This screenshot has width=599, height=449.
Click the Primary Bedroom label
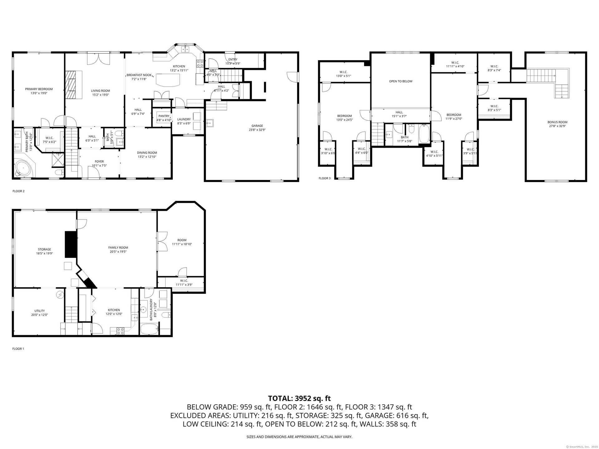[x=39, y=89]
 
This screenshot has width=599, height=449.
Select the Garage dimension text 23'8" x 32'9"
[x=257, y=130]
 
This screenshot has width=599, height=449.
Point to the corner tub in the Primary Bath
[x=23, y=169]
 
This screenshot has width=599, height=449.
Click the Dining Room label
[x=147, y=153]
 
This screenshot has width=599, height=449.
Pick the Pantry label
[x=164, y=116]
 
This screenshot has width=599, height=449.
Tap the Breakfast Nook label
[x=139, y=75]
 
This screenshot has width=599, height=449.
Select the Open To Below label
[x=401, y=81]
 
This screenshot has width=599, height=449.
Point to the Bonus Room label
[x=558, y=122]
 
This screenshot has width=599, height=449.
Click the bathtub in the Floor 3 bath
[x=424, y=133]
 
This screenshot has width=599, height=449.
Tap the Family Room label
[x=118, y=248]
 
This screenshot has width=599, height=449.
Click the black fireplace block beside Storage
[x=71, y=244]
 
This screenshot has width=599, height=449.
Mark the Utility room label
[x=40, y=311]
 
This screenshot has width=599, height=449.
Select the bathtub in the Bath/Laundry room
[x=150, y=329]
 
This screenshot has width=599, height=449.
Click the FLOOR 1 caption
[x=18, y=349]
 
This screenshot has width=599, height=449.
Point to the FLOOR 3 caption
[x=324, y=178]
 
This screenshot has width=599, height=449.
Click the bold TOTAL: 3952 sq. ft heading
[x=299, y=398]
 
